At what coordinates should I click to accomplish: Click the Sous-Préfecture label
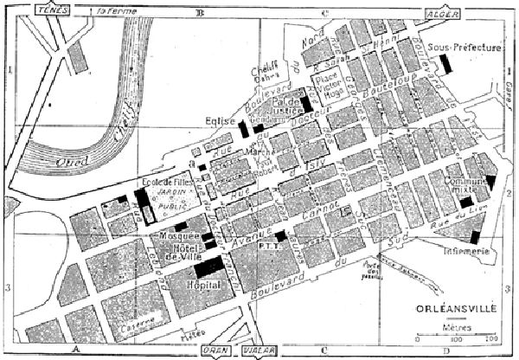tap(465, 48)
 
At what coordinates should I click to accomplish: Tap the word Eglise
tap(221, 122)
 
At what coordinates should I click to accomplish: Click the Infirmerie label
tap(469, 251)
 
